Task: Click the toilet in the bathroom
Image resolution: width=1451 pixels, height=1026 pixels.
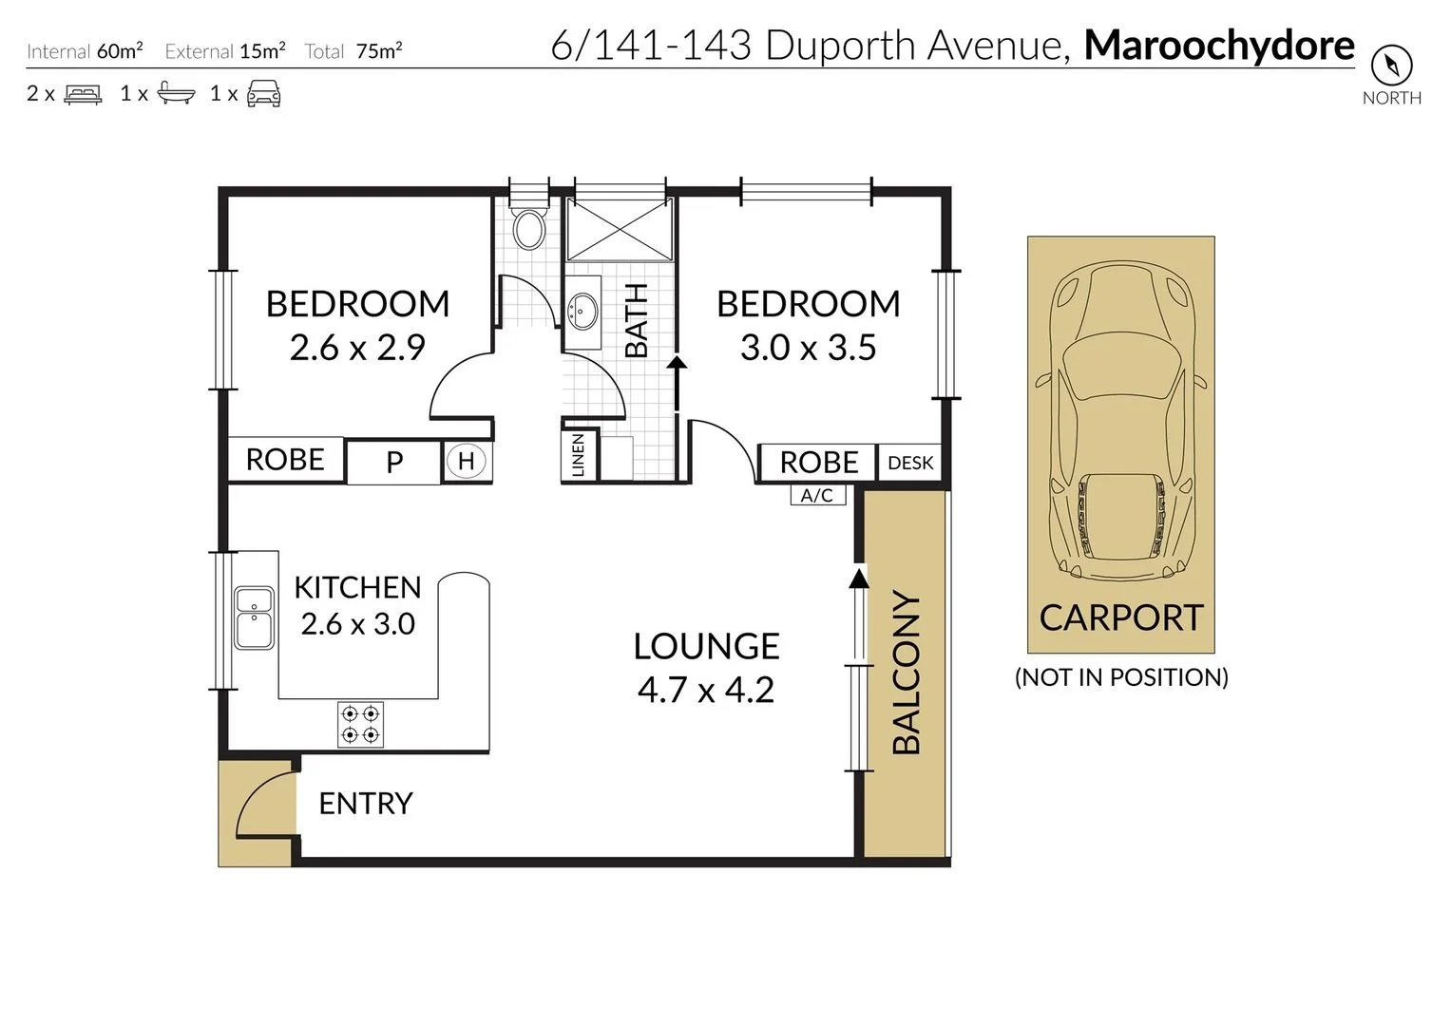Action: pyautogui.click(x=529, y=228)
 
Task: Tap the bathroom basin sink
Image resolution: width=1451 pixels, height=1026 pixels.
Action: pyautogui.click(x=582, y=310)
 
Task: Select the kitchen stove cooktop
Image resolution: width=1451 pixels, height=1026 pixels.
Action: pyautogui.click(x=361, y=724)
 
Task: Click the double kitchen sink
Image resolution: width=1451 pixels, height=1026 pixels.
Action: pyautogui.click(x=255, y=617)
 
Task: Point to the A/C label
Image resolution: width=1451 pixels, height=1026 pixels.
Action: pyautogui.click(x=817, y=495)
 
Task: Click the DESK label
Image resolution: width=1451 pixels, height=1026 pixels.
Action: pyautogui.click(x=910, y=463)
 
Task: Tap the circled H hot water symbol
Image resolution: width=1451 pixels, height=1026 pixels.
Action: pyautogui.click(x=466, y=462)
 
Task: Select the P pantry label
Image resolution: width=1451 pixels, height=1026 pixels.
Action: pyautogui.click(x=394, y=463)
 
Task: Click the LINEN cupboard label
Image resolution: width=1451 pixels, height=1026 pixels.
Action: pyautogui.click(x=578, y=455)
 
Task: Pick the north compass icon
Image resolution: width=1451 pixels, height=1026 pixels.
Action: pyautogui.click(x=1391, y=66)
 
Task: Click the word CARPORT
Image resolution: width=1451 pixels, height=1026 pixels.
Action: pyautogui.click(x=1121, y=618)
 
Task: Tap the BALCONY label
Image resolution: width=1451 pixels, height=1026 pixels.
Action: pyautogui.click(x=907, y=673)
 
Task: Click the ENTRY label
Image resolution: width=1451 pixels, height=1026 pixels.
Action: pyautogui.click(x=366, y=804)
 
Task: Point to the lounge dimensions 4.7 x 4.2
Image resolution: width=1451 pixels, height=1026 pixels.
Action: pyautogui.click(x=706, y=690)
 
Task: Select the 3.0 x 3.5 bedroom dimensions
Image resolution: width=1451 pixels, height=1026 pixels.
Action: pyautogui.click(x=808, y=348)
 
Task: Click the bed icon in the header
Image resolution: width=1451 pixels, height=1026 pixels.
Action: pyautogui.click(x=83, y=94)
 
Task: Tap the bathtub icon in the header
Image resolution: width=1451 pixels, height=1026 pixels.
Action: pyautogui.click(x=176, y=93)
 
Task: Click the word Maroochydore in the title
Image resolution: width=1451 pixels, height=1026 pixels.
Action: pyautogui.click(x=1219, y=46)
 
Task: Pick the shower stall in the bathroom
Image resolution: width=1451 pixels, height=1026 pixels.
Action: pyautogui.click(x=620, y=228)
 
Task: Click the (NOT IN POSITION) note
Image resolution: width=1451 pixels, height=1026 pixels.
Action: pyautogui.click(x=1121, y=677)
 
